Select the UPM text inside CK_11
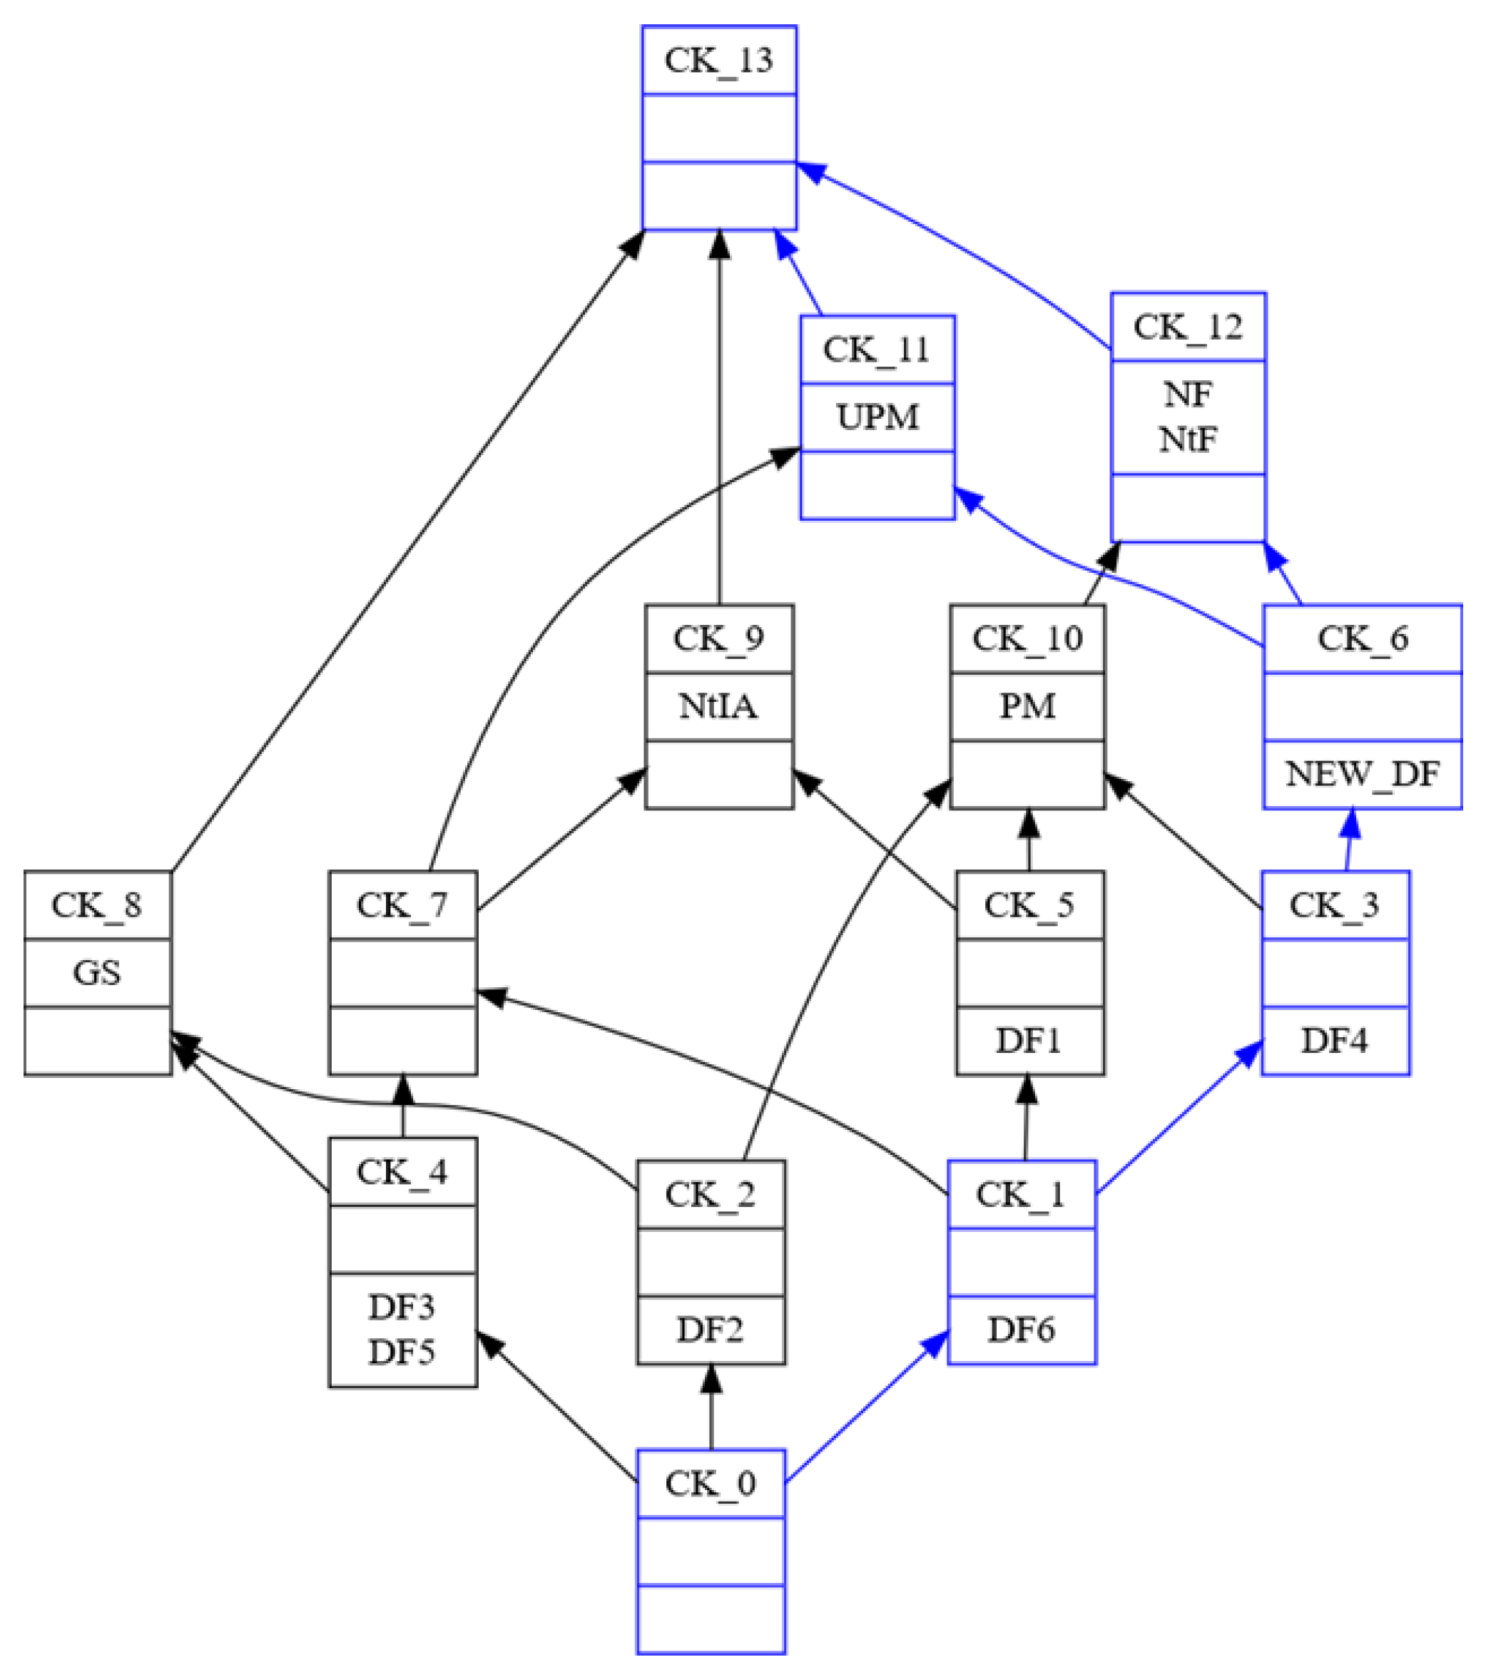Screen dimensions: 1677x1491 click(877, 417)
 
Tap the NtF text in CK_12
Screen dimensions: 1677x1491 click(1186, 440)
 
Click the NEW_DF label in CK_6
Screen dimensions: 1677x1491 click(1361, 774)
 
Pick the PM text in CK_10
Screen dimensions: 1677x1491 click(1027, 706)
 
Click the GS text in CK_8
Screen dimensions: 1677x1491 click(97, 973)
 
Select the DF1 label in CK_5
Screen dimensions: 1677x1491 click(1028, 1040)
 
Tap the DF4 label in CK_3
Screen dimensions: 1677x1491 click(1334, 1040)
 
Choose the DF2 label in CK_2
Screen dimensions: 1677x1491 click(710, 1329)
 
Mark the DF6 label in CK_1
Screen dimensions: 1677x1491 click(1021, 1329)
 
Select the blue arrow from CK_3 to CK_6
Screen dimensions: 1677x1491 click(1348, 841)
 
